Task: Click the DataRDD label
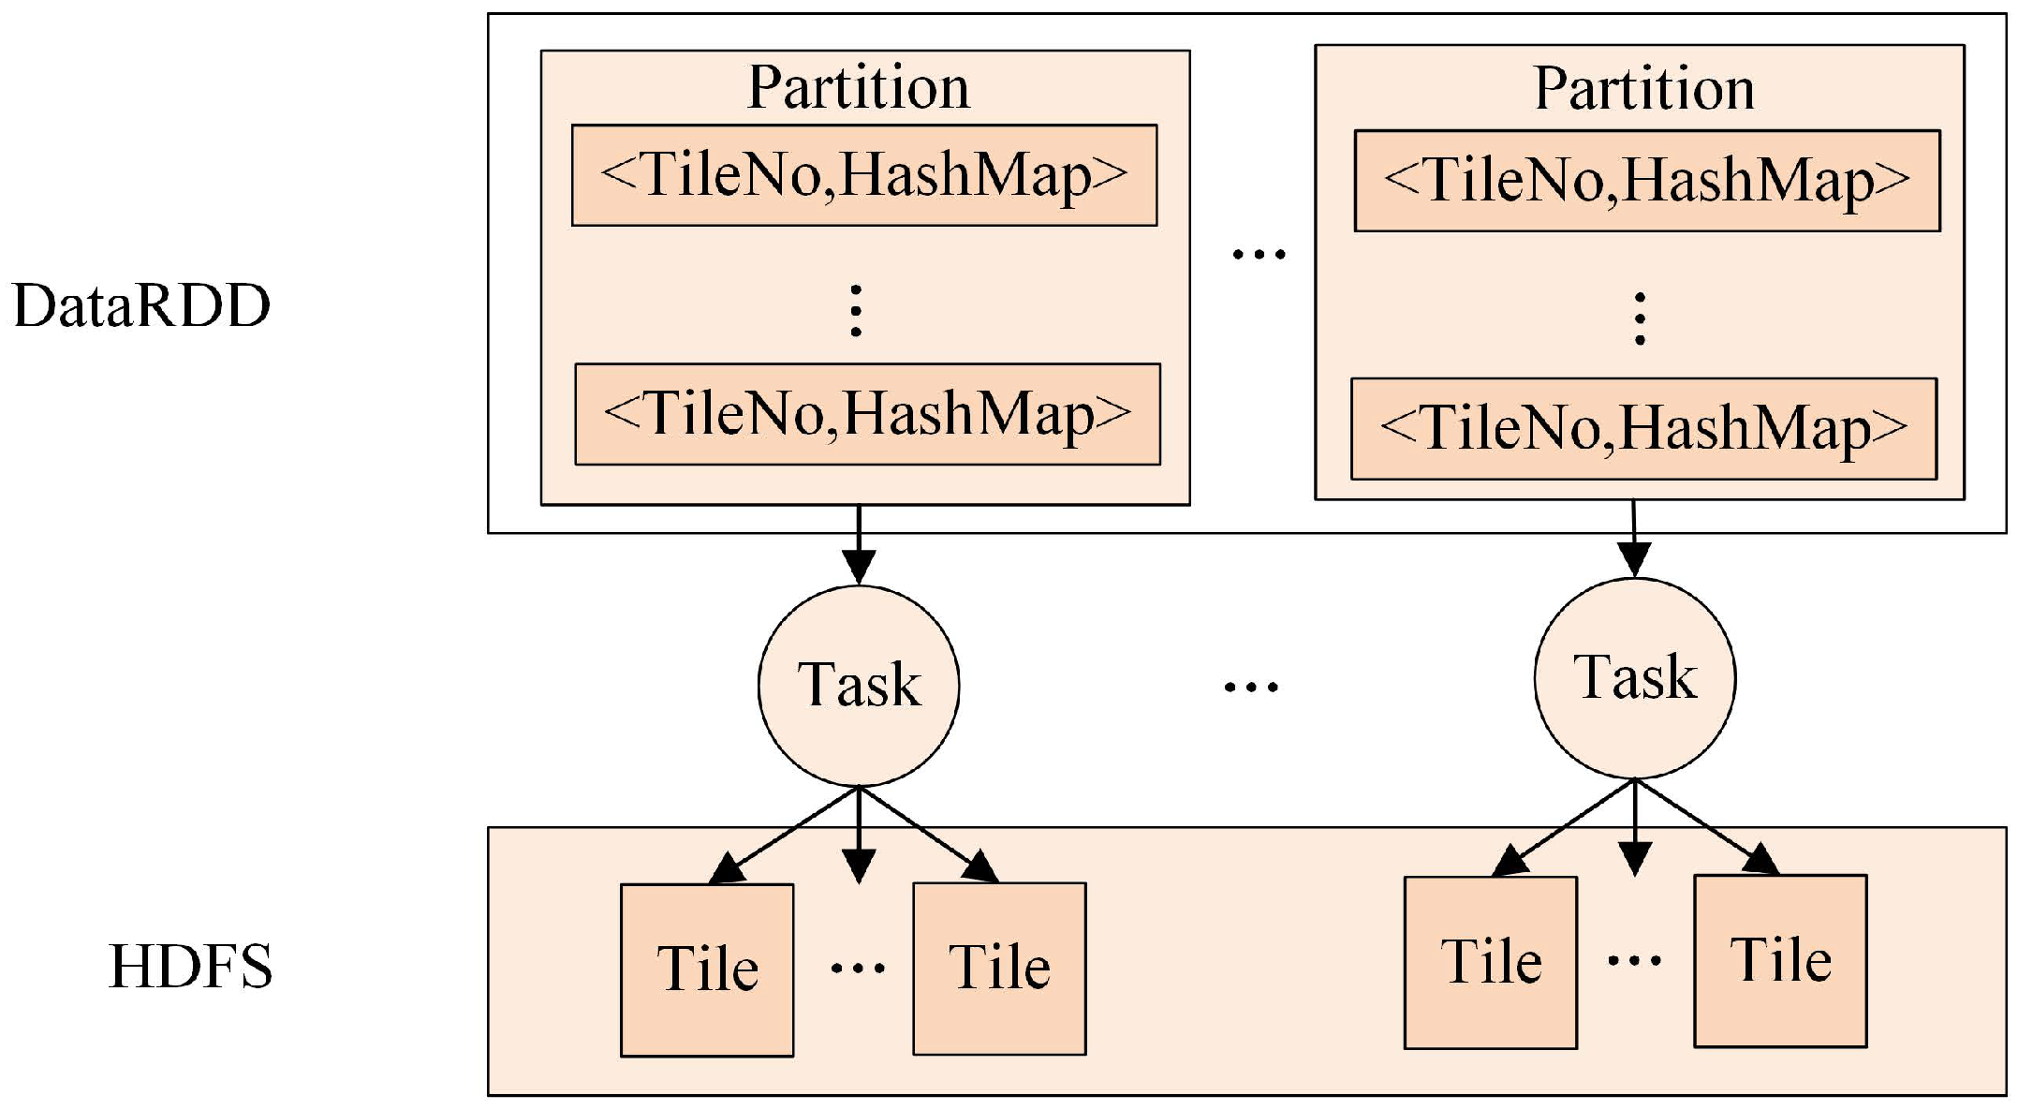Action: click(141, 306)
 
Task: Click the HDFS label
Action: click(191, 967)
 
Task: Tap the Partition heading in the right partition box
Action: click(1643, 89)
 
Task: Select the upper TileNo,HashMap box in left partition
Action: click(864, 175)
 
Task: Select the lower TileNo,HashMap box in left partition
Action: click(867, 414)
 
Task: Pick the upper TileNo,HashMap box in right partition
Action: click(1647, 181)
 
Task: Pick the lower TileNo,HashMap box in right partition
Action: click(1643, 429)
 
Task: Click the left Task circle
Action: click(859, 686)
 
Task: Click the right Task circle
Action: click(1635, 678)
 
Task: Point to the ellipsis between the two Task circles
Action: click(1251, 688)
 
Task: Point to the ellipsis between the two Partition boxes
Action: click(1259, 254)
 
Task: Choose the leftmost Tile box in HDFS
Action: click(707, 969)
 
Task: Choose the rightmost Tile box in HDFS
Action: click(1780, 961)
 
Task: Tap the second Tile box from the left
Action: click(999, 969)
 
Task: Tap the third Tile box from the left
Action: click(1490, 962)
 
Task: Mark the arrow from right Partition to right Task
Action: click(1634, 539)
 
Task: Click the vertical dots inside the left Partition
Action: click(855, 310)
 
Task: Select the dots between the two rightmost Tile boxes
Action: click(1635, 960)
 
